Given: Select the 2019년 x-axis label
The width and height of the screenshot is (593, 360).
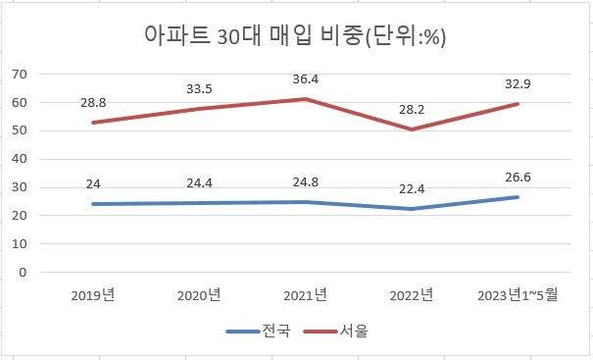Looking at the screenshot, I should click(94, 294).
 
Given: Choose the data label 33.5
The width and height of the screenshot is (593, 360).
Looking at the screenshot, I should click(200, 89).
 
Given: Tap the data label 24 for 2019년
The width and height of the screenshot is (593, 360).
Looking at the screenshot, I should click(94, 184).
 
